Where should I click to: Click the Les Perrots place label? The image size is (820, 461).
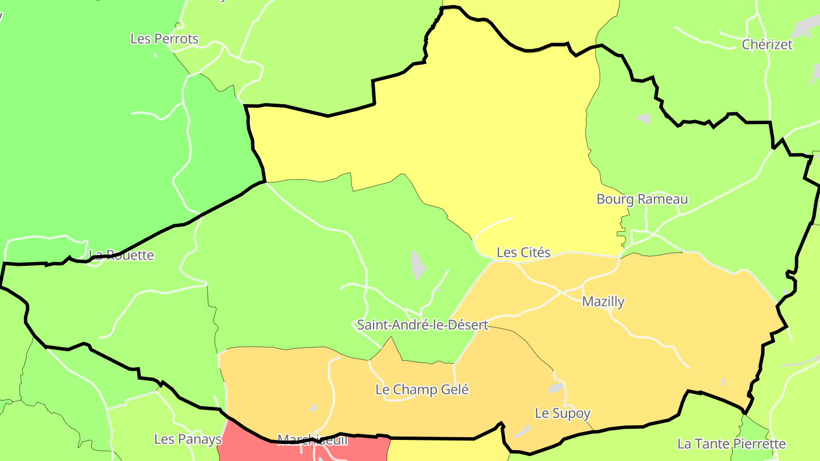tap(165, 39)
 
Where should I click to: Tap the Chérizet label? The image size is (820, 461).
tap(767, 44)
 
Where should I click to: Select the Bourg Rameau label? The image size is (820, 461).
tap(642, 199)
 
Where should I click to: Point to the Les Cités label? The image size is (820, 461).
tap(523, 252)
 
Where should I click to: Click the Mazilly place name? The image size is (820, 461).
tap(603, 302)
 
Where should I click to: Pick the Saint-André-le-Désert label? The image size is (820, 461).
tap(423, 325)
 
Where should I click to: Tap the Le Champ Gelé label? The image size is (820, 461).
tap(422, 390)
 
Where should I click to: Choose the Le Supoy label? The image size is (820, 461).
tap(563, 413)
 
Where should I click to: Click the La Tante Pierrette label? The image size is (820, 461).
tap(731, 443)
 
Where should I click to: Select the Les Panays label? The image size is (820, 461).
tap(188, 439)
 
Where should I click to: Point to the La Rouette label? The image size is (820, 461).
tap(121, 255)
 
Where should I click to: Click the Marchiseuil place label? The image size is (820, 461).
tap(312, 439)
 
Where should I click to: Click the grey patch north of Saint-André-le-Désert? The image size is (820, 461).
tap(418, 265)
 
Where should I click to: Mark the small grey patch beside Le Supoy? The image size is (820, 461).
tap(556, 388)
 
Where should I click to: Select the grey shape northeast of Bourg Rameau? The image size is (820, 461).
tap(644, 118)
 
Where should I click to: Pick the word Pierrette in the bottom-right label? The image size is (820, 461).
tap(757, 443)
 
